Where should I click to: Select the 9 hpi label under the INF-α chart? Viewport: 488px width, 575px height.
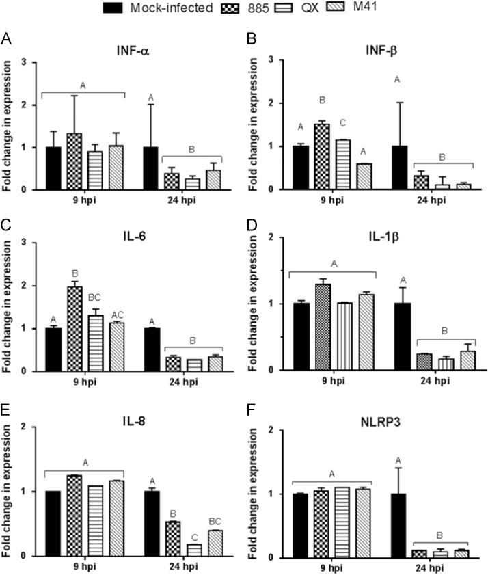coord(83,200)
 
